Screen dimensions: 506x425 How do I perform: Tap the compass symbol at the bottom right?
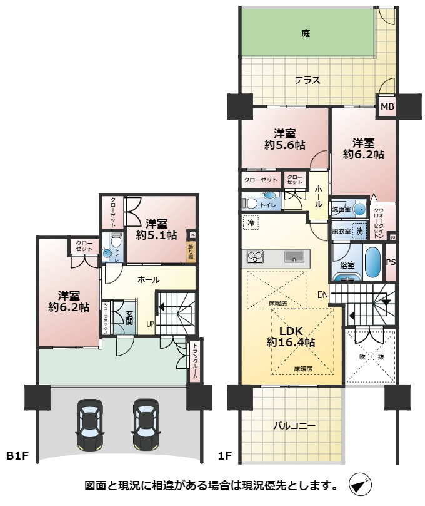(361, 485)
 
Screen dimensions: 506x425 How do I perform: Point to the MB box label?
(388, 107)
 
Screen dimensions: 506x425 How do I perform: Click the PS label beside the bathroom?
(391, 262)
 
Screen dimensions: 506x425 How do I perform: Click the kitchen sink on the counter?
(294, 256)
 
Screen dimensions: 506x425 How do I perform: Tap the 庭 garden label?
(306, 33)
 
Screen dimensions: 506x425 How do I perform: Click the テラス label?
(308, 80)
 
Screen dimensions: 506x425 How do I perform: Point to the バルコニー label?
(294, 426)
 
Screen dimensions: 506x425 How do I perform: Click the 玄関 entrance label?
(129, 317)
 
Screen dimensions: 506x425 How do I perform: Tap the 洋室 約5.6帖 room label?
(285, 139)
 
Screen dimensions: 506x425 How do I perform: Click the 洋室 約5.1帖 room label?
(156, 229)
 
